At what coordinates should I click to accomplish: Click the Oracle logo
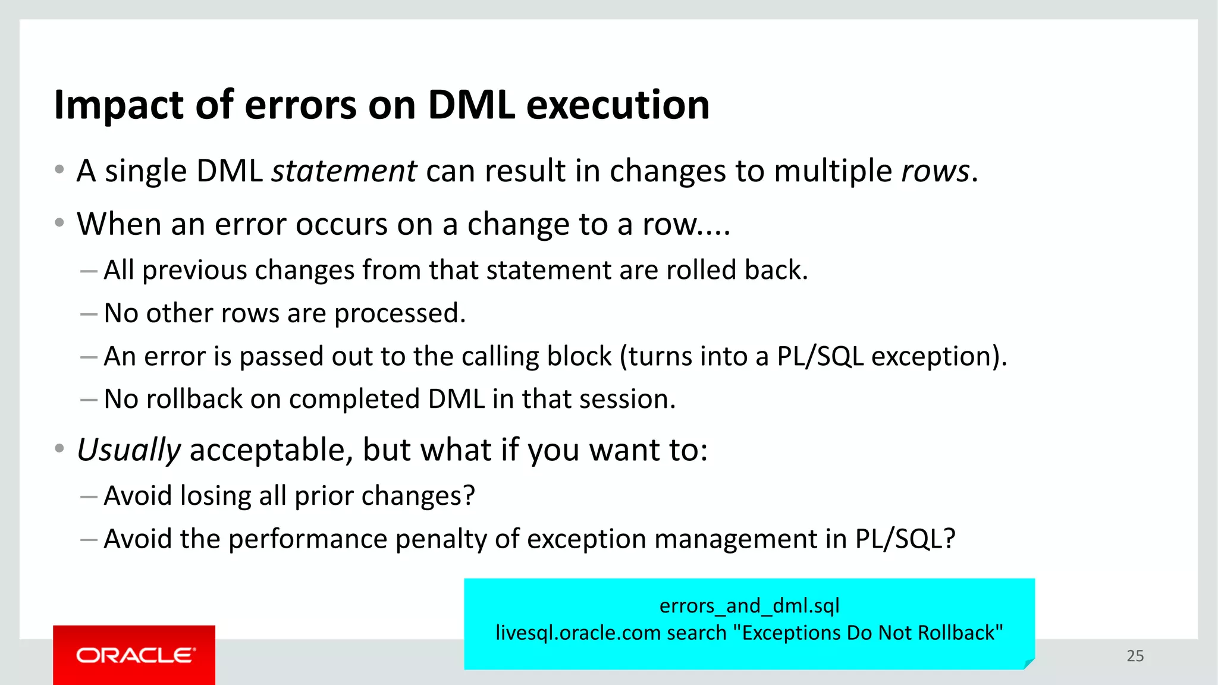coord(134,655)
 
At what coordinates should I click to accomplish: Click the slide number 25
coord(1135,656)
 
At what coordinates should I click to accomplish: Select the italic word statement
coord(344,171)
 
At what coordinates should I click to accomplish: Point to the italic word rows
coord(936,171)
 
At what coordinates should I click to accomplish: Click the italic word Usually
coord(128,450)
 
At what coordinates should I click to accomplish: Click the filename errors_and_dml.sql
coord(749,605)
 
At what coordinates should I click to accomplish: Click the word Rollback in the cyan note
coord(956,633)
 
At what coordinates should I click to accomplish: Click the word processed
coord(399,314)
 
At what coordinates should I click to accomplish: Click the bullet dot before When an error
coord(59,223)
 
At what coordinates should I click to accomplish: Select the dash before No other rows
coord(89,313)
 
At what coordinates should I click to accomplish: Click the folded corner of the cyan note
coord(1029,663)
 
